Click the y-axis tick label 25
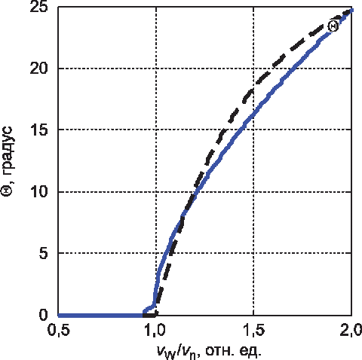coord(38,6)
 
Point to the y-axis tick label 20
coord(38,68)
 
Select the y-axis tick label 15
coord(38,130)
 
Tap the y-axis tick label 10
coord(38,192)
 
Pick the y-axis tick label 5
coord(43,254)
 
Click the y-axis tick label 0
coord(43,315)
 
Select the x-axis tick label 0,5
coord(59,331)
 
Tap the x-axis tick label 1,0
coord(155,331)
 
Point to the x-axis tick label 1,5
coord(254,331)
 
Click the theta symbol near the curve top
coord(333,26)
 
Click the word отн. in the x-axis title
coord(219,351)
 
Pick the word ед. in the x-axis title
coord(250,350)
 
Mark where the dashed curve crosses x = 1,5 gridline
coord(253,89)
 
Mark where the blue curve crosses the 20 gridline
coord(292,69)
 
